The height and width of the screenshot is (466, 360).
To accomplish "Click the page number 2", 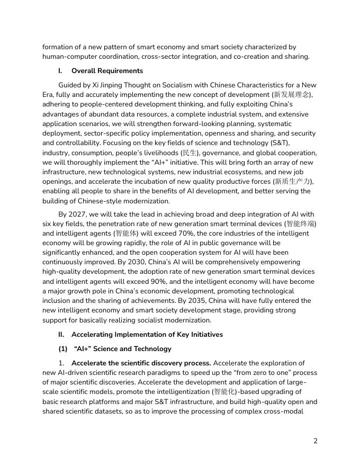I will tap(316, 441).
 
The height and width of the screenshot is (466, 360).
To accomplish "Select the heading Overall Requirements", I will tap(107, 70).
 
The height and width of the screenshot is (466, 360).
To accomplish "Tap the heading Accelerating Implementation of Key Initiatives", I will tap(147, 334).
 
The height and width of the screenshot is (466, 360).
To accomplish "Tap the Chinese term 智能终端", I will tap(301, 223).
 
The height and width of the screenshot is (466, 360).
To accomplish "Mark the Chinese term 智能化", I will tap(225, 392).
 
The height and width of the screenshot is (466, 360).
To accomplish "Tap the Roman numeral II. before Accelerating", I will tap(61, 334).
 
